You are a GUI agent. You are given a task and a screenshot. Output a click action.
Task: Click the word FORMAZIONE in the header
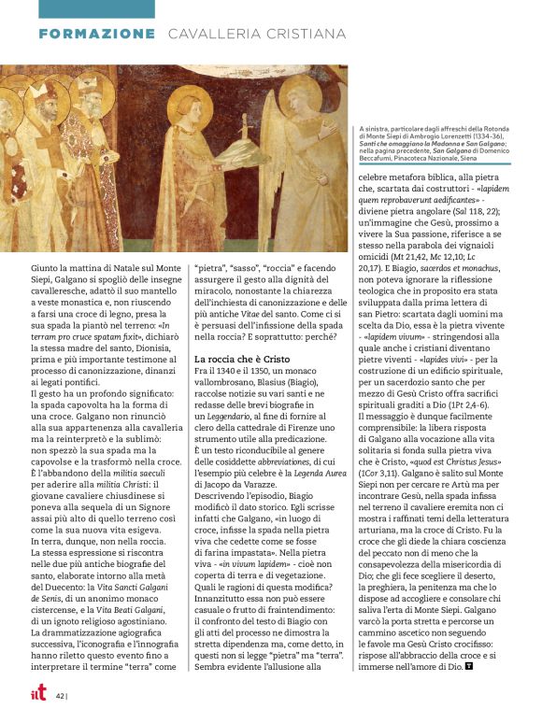click(96, 34)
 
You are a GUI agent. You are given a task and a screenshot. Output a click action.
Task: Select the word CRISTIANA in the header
click(299, 34)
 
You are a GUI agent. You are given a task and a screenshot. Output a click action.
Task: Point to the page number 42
click(59, 695)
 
